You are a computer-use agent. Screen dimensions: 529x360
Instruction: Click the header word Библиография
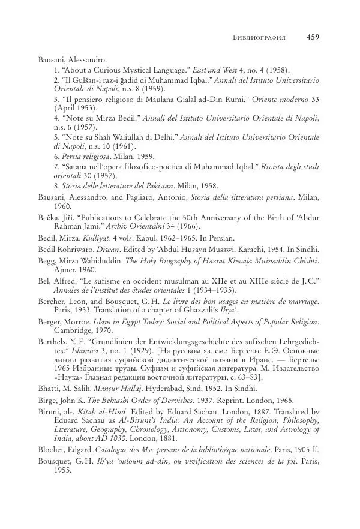click(258, 38)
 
